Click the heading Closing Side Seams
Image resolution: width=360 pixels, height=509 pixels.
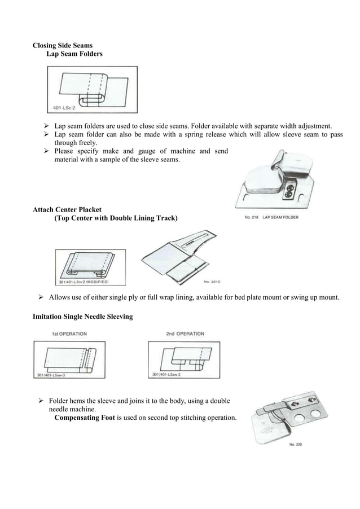63,45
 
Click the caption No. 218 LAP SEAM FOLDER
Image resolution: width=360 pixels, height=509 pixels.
272,217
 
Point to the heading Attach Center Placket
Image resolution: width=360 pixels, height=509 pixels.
67,209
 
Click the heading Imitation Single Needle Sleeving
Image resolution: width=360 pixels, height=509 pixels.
83,317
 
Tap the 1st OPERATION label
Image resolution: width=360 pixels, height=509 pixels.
69,334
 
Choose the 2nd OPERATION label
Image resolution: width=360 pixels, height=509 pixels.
185,334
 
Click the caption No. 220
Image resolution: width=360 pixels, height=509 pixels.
296,445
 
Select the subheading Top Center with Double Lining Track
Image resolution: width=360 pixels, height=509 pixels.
116,218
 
